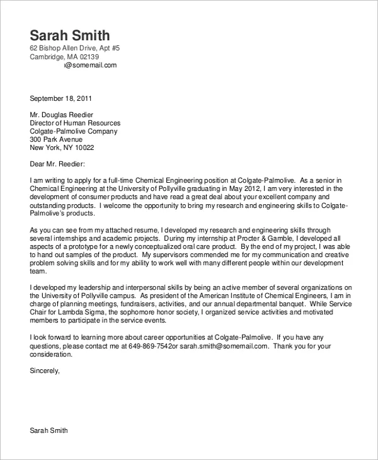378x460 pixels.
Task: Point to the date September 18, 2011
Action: click(x=61, y=98)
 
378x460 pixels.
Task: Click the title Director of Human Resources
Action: click(x=75, y=123)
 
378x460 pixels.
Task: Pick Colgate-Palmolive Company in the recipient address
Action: click(x=74, y=131)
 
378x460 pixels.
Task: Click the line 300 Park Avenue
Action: click(x=56, y=139)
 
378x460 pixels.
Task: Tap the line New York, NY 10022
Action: click(x=62, y=147)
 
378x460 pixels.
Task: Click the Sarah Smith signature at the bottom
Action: click(x=49, y=431)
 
